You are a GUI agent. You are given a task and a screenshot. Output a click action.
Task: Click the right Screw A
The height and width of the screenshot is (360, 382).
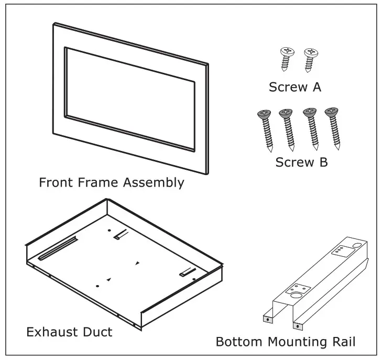[x=311, y=59]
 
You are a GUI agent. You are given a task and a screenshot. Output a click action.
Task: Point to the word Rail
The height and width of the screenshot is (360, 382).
[x=344, y=342]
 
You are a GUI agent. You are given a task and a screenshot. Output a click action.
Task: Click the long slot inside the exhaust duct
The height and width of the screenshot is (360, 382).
[x=58, y=248]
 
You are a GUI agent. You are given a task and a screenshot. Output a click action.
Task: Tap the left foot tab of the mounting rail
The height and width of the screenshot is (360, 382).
[x=268, y=318]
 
